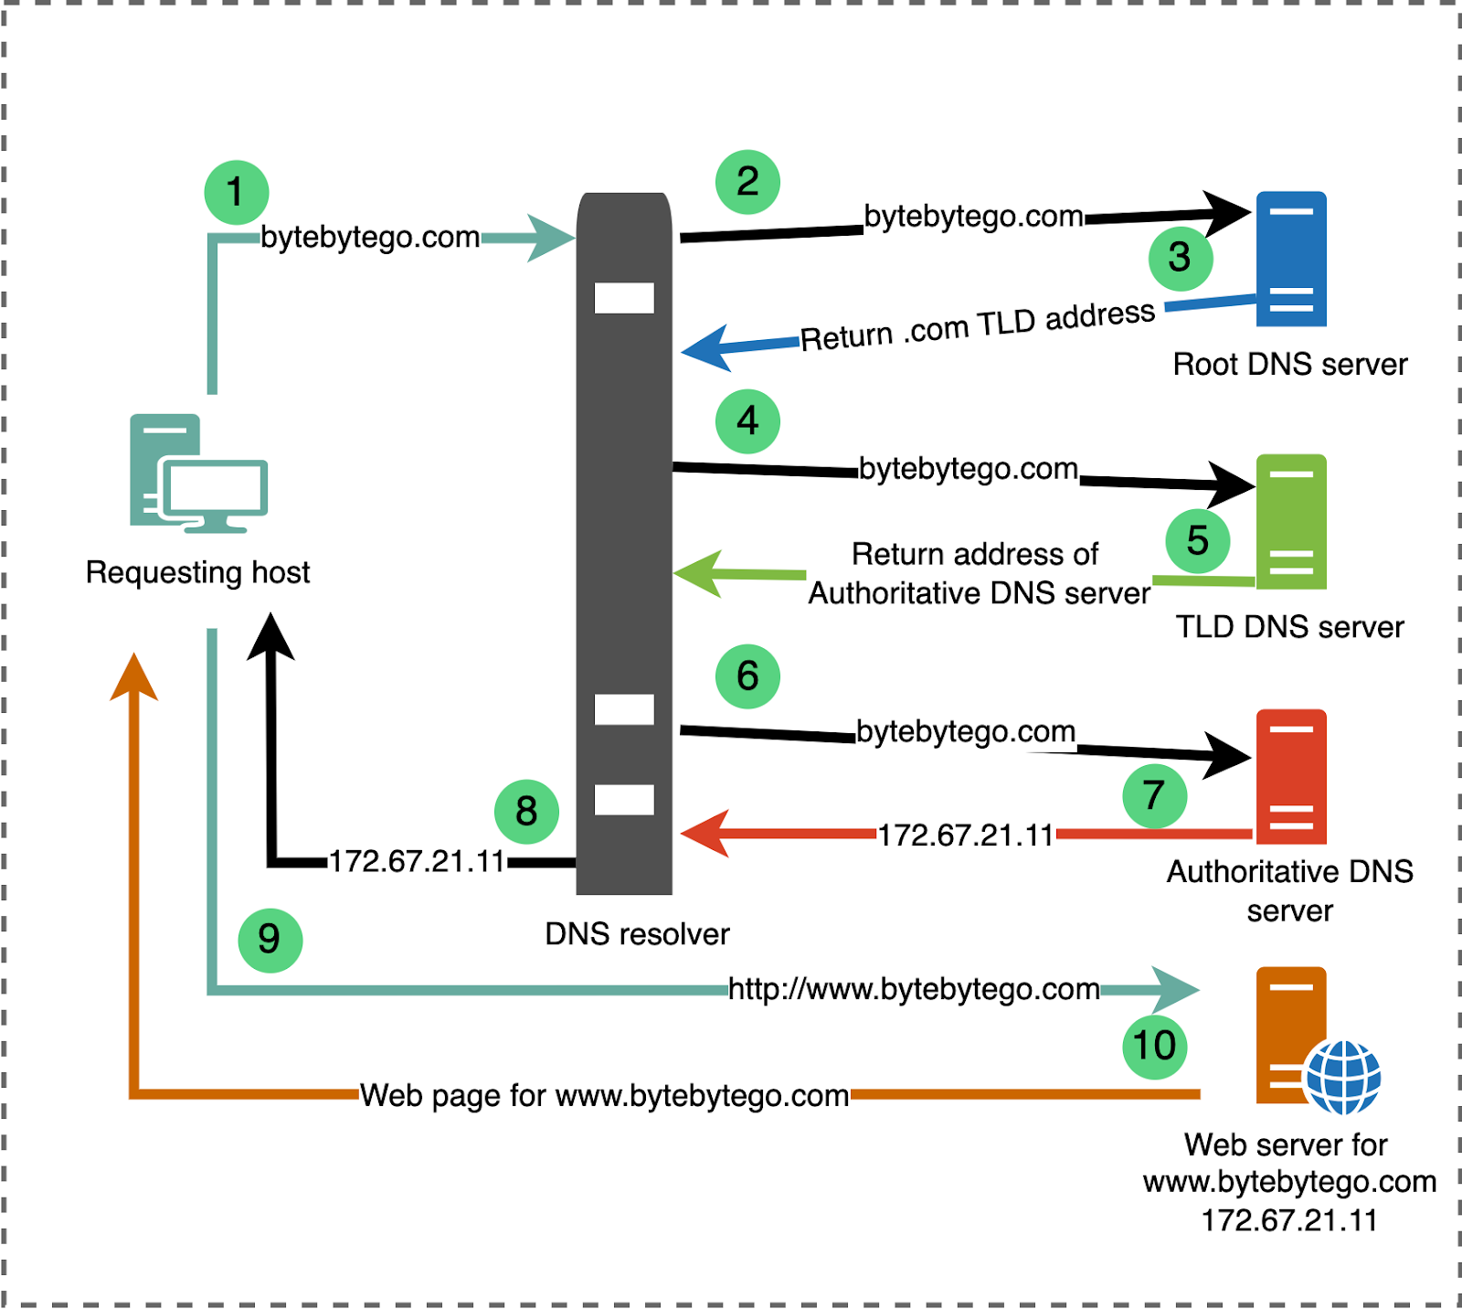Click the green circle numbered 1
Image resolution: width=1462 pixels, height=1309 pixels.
click(x=236, y=193)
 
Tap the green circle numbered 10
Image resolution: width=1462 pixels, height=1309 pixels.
click(x=1154, y=1046)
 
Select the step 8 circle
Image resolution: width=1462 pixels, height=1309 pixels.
click(x=526, y=812)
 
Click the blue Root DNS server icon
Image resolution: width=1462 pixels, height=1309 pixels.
click(x=1290, y=259)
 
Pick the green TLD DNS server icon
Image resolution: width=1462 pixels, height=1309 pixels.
click(x=1290, y=521)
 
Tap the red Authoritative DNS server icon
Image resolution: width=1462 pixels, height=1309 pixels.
click(x=1290, y=776)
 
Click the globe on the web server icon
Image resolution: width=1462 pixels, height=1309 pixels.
click(x=1342, y=1077)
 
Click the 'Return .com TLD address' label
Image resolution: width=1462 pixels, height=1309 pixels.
click(x=977, y=325)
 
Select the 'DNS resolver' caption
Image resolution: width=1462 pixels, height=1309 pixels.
click(x=637, y=934)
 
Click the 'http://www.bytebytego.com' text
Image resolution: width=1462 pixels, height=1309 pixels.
click(x=913, y=989)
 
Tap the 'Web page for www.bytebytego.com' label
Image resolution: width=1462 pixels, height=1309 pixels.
click(x=604, y=1095)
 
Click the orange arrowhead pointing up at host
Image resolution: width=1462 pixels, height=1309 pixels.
click(x=134, y=678)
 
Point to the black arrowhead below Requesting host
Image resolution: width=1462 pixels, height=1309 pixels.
click(x=270, y=637)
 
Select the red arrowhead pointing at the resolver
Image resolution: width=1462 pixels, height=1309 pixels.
click(x=705, y=833)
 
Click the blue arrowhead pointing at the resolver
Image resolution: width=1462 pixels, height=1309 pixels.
click(x=707, y=348)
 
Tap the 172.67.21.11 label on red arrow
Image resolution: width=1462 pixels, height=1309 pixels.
click(x=966, y=835)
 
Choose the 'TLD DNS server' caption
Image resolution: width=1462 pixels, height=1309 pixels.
click(x=1289, y=627)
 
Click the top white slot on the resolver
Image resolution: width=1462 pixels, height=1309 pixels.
click(x=624, y=298)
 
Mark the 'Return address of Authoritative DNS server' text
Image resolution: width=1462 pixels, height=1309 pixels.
click(x=978, y=574)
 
